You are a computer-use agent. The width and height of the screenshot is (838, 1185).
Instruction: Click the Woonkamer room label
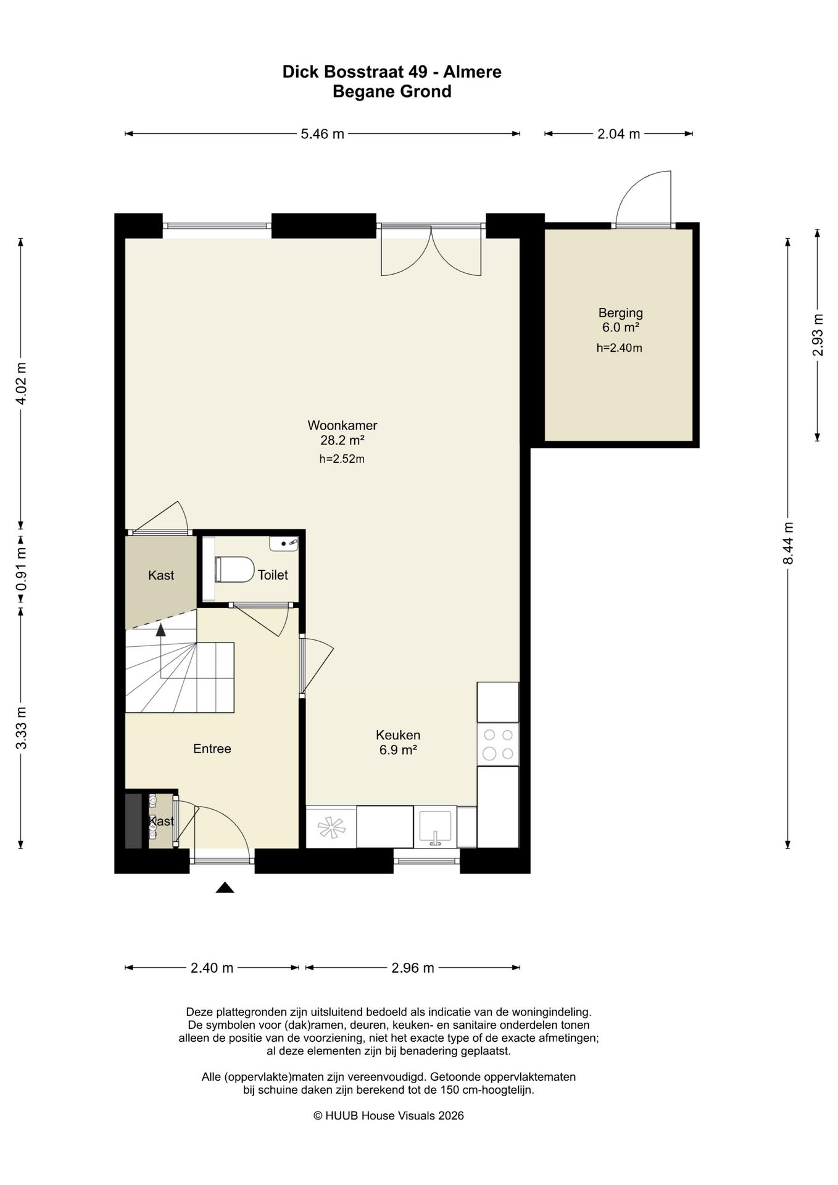[x=342, y=425]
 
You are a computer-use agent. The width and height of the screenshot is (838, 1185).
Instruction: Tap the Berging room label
[x=620, y=313]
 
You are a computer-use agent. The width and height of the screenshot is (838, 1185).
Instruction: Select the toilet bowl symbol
[x=234, y=569]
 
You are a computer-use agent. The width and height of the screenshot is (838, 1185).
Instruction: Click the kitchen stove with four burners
[x=498, y=744]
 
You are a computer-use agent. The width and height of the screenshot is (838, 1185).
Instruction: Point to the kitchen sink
[x=436, y=826]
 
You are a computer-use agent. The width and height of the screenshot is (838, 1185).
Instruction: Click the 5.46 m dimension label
[x=322, y=134]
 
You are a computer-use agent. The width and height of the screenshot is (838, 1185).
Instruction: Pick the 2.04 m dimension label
[x=618, y=134]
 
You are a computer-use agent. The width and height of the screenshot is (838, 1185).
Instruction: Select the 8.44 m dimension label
[x=787, y=543]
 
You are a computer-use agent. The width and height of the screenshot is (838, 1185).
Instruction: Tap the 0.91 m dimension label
[x=21, y=568]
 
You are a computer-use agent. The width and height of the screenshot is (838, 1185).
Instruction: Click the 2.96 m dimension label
[x=413, y=968]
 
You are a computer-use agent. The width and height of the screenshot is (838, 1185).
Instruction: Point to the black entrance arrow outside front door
[x=225, y=888]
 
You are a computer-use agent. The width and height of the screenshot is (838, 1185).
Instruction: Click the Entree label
[x=212, y=749]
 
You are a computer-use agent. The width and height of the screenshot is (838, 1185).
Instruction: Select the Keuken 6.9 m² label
[x=398, y=742]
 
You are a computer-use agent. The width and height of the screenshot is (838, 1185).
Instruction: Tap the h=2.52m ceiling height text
[x=342, y=459]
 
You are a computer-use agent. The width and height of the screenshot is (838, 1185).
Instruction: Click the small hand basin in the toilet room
[x=284, y=544]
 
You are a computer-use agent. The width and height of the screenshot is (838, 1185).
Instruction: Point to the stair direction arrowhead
[x=160, y=630]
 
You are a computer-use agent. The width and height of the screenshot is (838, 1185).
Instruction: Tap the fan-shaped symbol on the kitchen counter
[x=331, y=826]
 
